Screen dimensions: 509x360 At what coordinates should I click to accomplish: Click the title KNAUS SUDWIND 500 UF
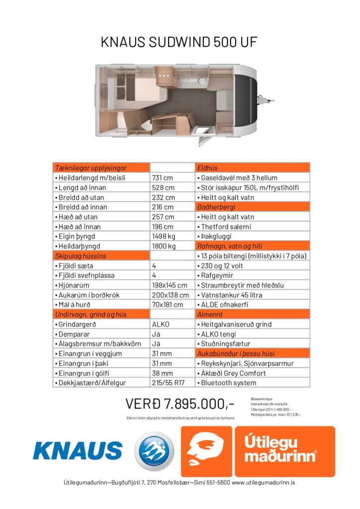pyautogui.click(x=180, y=42)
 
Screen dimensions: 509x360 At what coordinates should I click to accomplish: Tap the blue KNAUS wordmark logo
pyautogui.click(x=78, y=450)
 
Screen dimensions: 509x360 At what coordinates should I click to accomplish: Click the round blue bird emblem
pyautogui.click(x=154, y=451)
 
